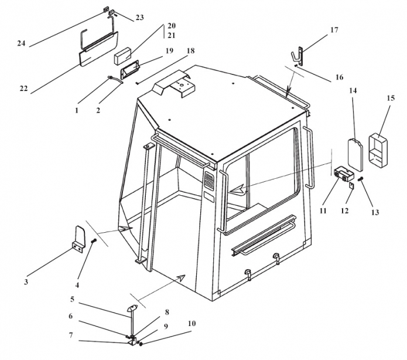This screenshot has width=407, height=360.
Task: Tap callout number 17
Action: (x=334, y=29)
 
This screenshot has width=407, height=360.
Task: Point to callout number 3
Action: (x=26, y=282)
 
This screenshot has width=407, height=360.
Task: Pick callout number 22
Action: (x=23, y=89)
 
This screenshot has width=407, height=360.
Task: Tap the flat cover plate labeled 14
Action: (x=354, y=151)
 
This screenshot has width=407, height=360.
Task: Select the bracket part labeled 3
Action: (x=81, y=238)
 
